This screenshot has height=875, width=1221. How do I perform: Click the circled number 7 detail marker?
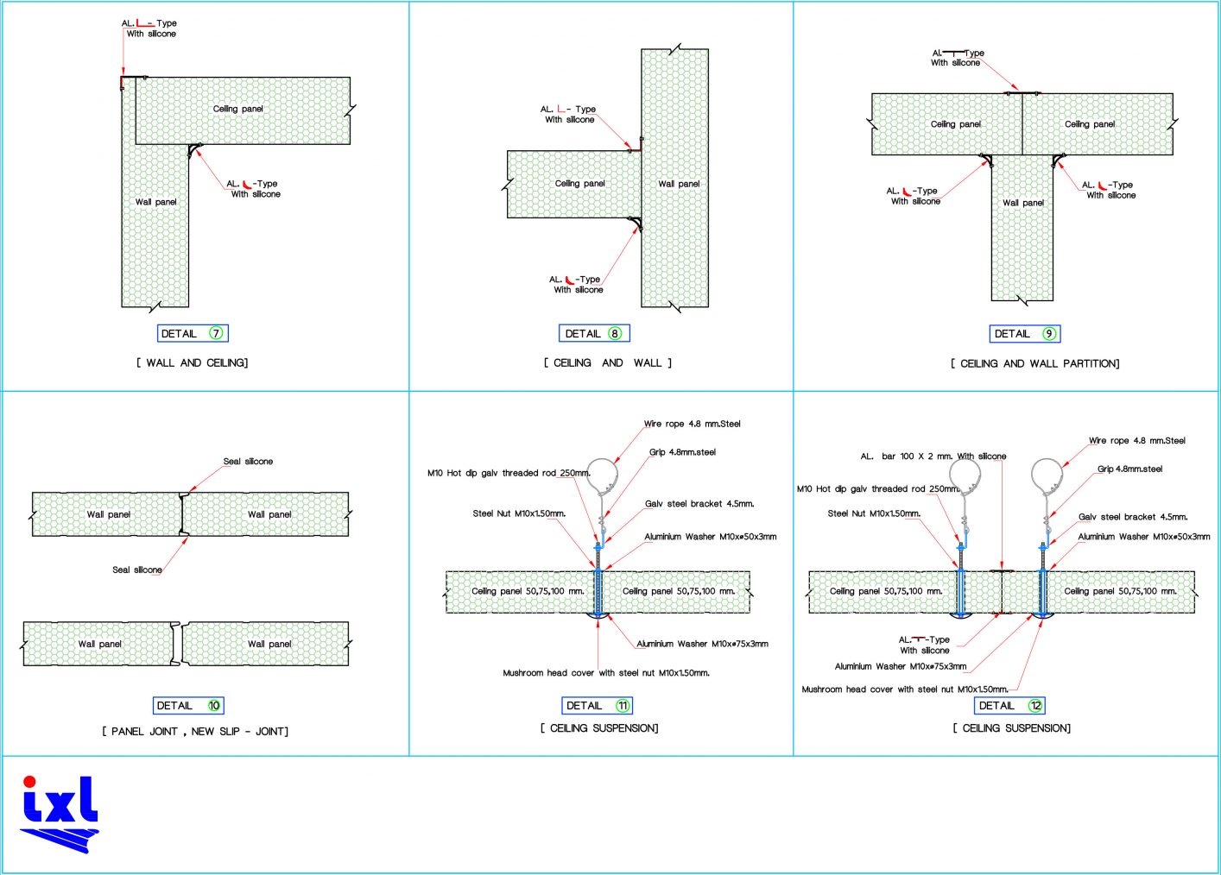pyautogui.click(x=216, y=333)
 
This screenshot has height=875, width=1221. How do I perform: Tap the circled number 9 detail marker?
pyautogui.click(x=1049, y=334)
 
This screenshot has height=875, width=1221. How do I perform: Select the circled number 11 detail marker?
pyautogui.click(x=623, y=706)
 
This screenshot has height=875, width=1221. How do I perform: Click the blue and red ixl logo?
pyautogui.click(x=60, y=814)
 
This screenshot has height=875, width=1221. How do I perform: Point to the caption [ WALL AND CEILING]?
pyautogui.click(x=192, y=363)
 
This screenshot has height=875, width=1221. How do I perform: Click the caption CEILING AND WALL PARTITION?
pyautogui.click(x=1034, y=364)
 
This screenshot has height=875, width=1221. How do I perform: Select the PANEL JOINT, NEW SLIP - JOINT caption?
pyautogui.click(x=195, y=732)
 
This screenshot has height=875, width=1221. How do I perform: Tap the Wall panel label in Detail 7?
pyautogui.click(x=155, y=202)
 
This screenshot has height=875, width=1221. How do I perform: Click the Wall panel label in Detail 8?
pyautogui.click(x=679, y=184)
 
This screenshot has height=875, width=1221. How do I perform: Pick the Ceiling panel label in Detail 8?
pyautogui.click(x=579, y=184)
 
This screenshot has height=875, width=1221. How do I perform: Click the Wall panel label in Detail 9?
pyautogui.click(x=1023, y=203)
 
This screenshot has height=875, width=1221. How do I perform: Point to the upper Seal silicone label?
pyautogui.click(x=248, y=462)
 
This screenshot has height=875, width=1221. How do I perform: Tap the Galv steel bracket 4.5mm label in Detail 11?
pyautogui.click(x=699, y=504)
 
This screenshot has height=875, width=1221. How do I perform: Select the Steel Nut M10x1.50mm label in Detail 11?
pyautogui.click(x=519, y=513)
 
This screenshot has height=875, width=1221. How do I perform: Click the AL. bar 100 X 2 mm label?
pyautogui.click(x=933, y=456)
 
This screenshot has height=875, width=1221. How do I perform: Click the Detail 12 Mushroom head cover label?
pyautogui.click(x=905, y=689)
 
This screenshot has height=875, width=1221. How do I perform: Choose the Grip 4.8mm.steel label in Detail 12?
pyautogui.click(x=1129, y=469)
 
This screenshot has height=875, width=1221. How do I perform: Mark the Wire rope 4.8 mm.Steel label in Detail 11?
pyautogui.click(x=692, y=424)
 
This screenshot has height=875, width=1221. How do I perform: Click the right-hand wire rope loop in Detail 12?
pyautogui.click(x=1047, y=475)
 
